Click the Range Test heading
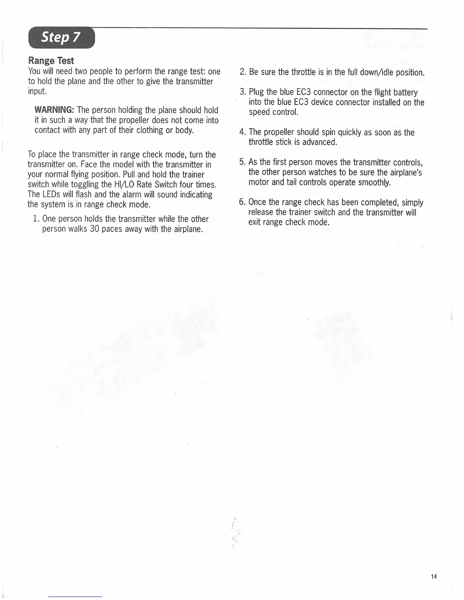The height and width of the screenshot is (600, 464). click(x=51, y=61)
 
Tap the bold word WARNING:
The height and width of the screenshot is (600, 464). click(x=54, y=110)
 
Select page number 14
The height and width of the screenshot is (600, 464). click(x=434, y=577)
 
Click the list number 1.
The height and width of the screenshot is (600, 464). click(x=36, y=219)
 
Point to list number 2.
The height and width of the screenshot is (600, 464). click(x=243, y=72)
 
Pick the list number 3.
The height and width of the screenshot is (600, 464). click(x=243, y=92)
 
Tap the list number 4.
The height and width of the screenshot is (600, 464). click(x=243, y=133)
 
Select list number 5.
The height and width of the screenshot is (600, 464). click(x=243, y=162)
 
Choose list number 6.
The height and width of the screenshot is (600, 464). click(x=243, y=202)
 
